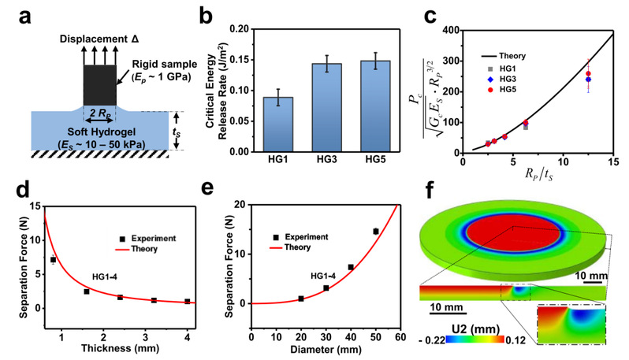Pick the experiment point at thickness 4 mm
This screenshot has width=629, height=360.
click(187, 301)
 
